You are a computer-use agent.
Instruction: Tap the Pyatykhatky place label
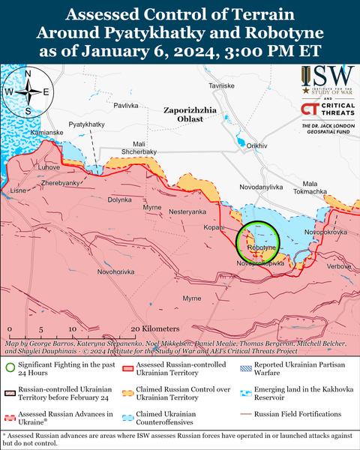tap(86, 123)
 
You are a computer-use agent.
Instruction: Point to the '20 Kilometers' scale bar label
tap(154, 328)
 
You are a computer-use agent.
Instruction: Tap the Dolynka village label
tap(119, 200)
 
